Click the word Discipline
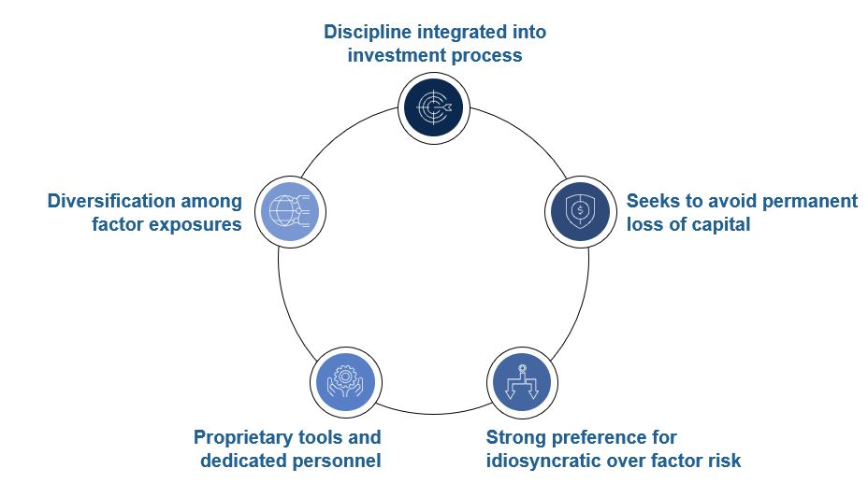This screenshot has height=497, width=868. (367, 32)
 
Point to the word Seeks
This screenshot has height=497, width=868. (652, 201)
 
